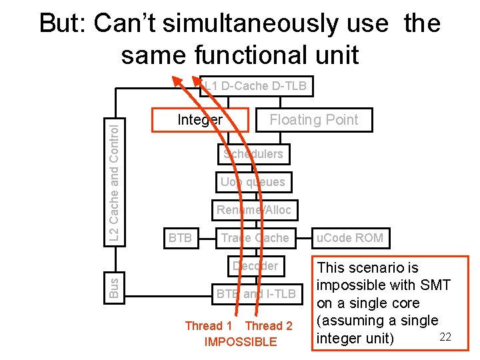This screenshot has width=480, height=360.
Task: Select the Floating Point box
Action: tap(313, 120)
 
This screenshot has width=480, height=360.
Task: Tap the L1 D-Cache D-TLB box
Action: tap(256, 85)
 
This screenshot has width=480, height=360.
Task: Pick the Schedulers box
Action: tap(253, 154)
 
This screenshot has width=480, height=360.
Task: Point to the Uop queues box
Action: tap(253, 182)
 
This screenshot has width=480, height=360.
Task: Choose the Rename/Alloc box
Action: tap(254, 210)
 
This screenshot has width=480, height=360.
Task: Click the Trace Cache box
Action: tap(255, 238)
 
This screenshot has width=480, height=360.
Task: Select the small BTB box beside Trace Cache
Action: tap(180, 238)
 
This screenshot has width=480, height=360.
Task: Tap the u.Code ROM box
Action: tap(350, 238)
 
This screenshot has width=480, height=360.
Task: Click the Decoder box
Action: tap(255, 265)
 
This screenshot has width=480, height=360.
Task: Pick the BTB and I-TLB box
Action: tap(255, 293)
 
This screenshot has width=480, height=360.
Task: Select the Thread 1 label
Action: tap(209, 326)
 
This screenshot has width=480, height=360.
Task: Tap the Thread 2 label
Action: tap(269, 326)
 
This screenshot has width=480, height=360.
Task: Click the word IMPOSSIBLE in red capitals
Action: tap(240, 342)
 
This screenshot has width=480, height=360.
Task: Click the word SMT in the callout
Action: tap(436, 285)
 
